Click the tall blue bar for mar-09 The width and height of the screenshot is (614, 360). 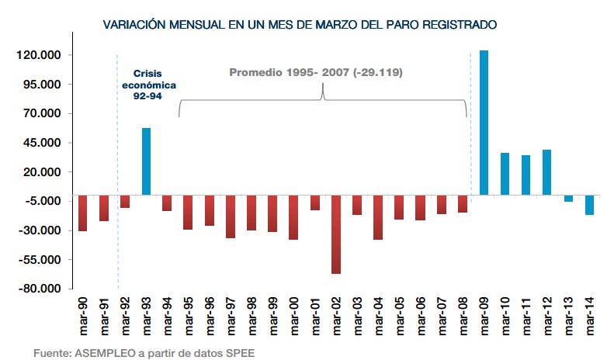coord(484,122)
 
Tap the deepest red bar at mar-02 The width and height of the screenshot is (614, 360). coord(336,234)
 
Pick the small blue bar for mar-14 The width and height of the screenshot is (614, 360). coord(589,204)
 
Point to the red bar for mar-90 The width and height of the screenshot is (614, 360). coord(82,213)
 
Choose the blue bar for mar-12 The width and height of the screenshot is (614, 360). coord(546,171)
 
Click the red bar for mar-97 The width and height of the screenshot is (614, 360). coord(231,216)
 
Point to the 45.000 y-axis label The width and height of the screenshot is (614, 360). coord(46,143)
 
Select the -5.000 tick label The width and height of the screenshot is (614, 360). coord(46,201)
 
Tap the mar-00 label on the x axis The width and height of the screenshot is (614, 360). coord(294,317)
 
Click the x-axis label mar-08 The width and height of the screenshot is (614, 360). coord(463,317)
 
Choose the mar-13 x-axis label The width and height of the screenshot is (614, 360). coord(568,317)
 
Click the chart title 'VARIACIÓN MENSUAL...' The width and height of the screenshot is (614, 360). coord(300,25)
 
